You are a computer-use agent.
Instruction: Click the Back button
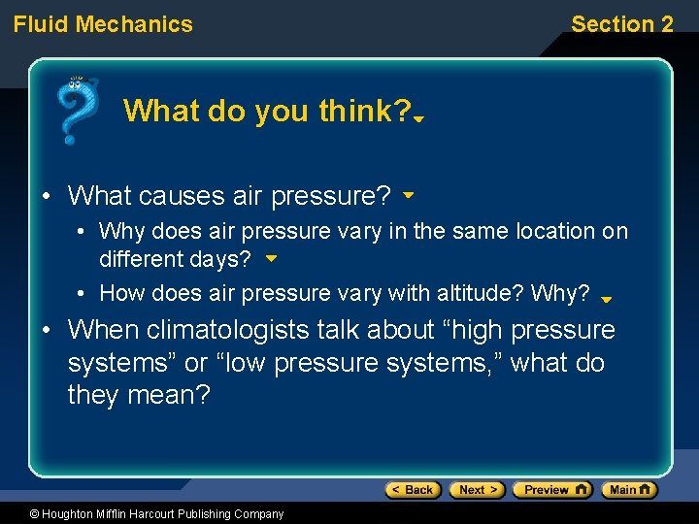click(x=413, y=490)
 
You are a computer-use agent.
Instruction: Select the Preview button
click(x=551, y=490)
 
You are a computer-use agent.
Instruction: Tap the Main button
click(x=628, y=490)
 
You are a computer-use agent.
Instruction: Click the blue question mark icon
click(x=77, y=110)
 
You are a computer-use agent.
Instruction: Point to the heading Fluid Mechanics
click(x=103, y=24)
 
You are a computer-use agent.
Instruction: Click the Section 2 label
click(x=621, y=24)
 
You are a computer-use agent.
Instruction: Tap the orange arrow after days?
click(x=271, y=260)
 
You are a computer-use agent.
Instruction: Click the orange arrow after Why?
click(x=606, y=300)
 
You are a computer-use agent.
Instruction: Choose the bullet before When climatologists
click(x=46, y=331)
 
